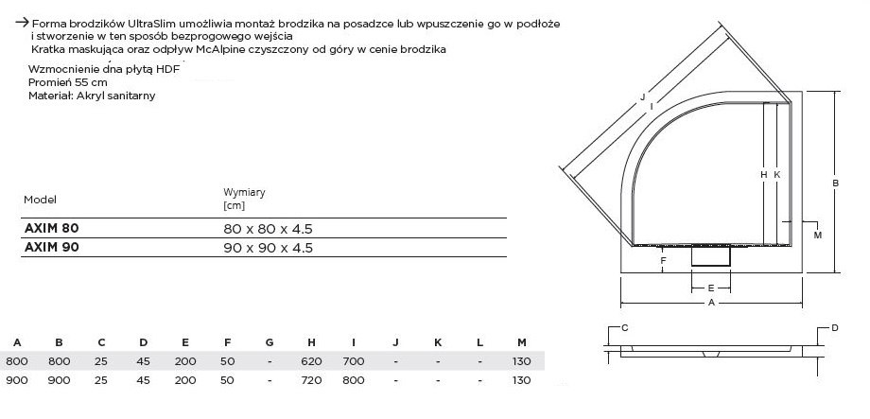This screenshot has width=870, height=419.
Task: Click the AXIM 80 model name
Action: tap(51, 229)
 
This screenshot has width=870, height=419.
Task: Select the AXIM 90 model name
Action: tap(51, 248)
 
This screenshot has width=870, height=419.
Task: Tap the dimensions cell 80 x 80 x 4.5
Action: tap(268, 229)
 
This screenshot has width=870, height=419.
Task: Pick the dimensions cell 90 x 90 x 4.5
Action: tap(268, 248)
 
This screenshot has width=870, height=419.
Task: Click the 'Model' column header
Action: tap(41, 200)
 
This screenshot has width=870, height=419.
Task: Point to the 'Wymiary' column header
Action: tap(244, 192)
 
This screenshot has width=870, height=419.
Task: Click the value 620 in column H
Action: tap(310, 361)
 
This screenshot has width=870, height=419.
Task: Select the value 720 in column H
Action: tap(310, 380)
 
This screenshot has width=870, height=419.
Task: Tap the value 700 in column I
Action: tap(352, 361)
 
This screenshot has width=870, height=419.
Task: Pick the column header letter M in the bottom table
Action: tap(522, 341)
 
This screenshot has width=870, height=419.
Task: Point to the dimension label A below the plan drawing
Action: tap(710, 303)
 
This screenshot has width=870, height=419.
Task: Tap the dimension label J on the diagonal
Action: tap(642, 96)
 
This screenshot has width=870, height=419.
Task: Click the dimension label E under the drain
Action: tap(710, 286)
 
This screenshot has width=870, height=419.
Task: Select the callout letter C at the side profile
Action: tap(625, 327)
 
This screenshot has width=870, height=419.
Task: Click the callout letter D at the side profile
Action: tap(835, 327)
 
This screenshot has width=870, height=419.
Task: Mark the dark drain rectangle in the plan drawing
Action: tap(711, 255)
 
